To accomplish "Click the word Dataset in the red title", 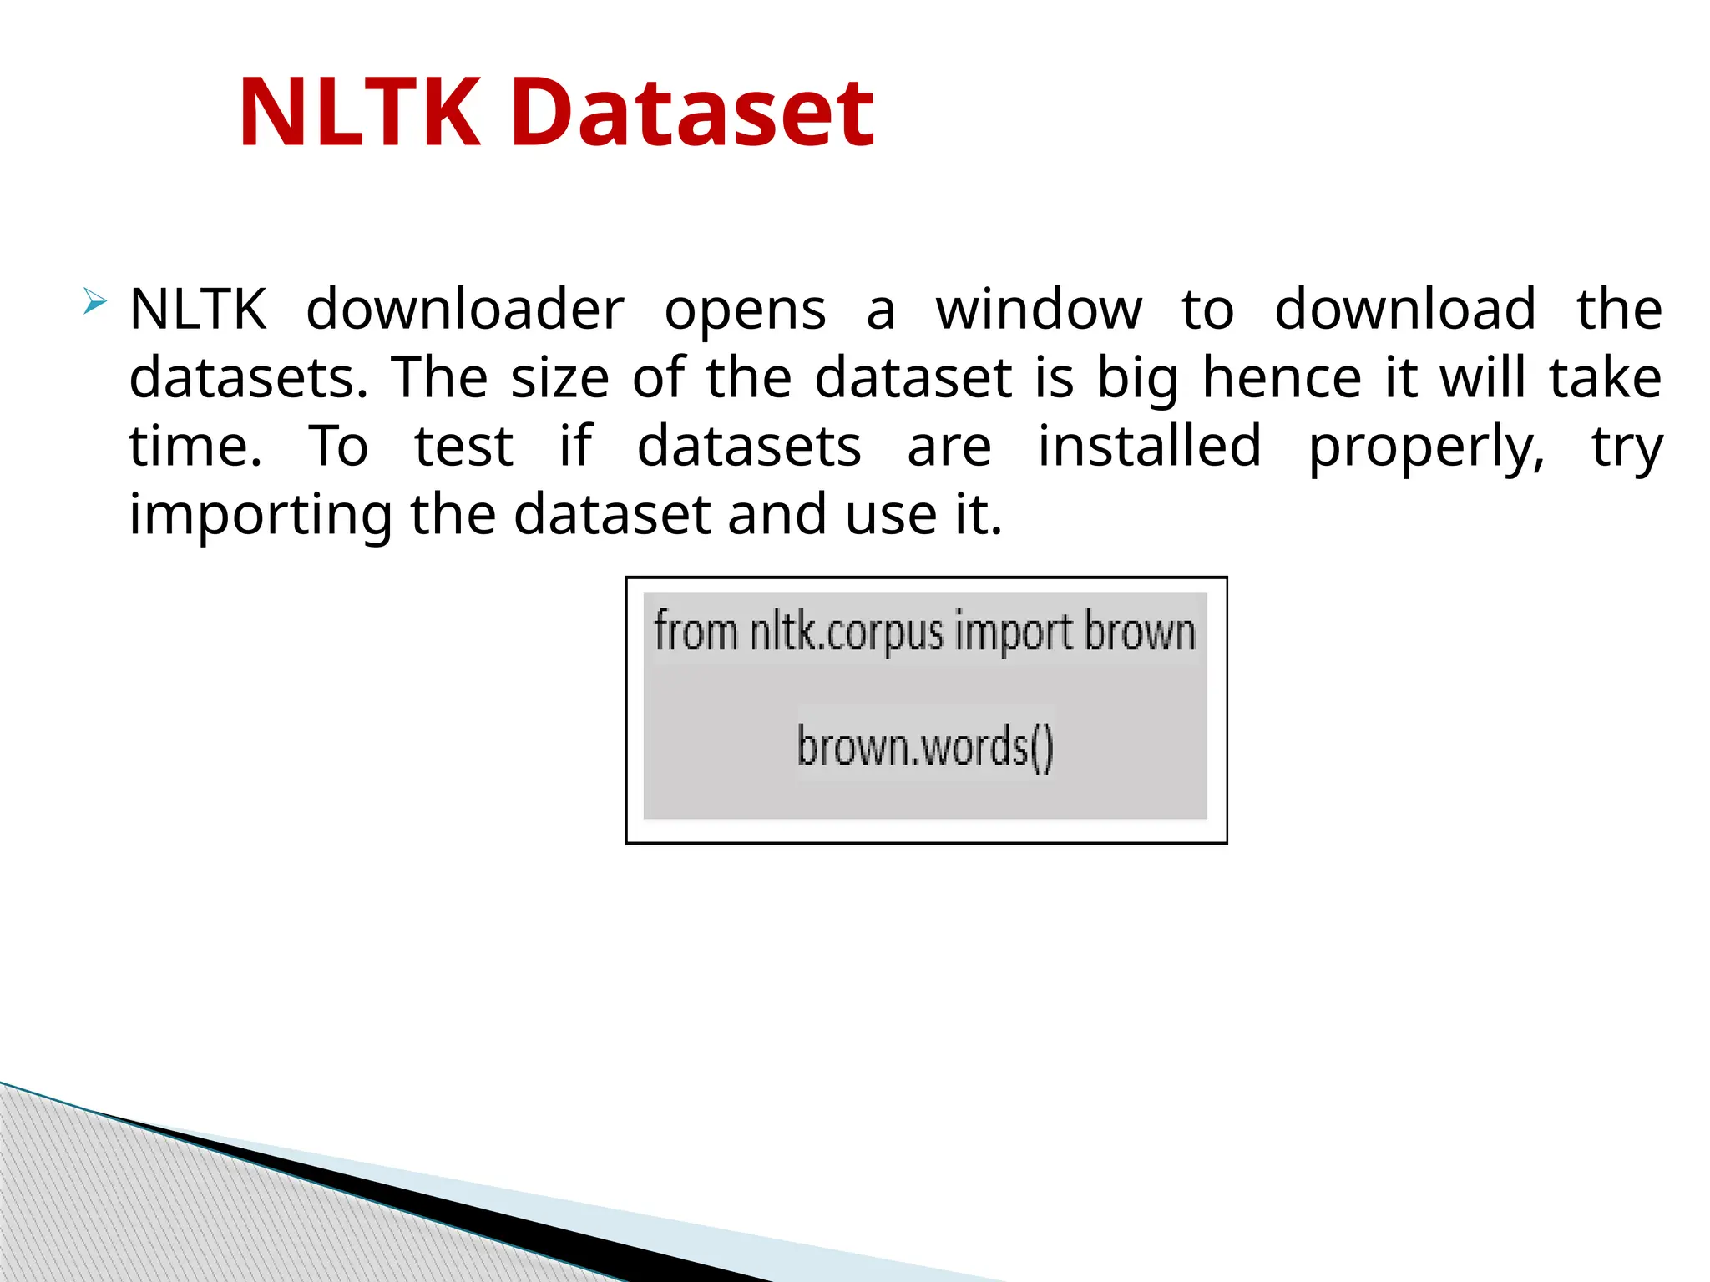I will pyautogui.click(x=693, y=113).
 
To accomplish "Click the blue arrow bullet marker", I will pyautogui.click(x=95, y=301).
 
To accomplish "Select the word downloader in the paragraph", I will pyautogui.click(x=465, y=310).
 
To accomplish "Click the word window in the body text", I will pyautogui.click(x=1039, y=310).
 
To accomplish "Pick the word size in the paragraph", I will pyautogui.click(x=560, y=378).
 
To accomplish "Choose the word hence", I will pyautogui.click(x=1282, y=378).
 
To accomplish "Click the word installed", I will pyautogui.click(x=1150, y=446).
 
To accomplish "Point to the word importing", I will pyautogui.click(x=261, y=516).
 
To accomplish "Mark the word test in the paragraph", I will pyautogui.click(x=464, y=447).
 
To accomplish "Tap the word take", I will pyautogui.click(x=1606, y=378).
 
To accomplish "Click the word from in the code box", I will pyautogui.click(x=696, y=631).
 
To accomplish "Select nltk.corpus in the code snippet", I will pyautogui.click(x=846, y=633).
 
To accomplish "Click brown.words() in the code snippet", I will pyautogui.click(x=925, y=746).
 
